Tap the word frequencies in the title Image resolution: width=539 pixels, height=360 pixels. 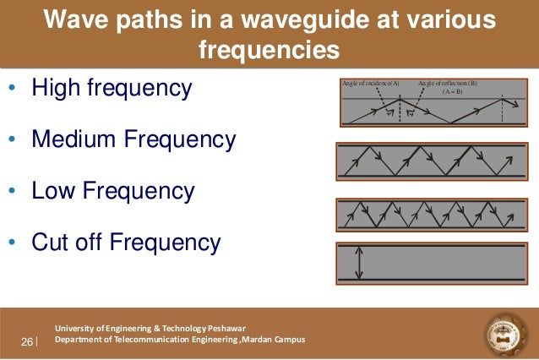pyautogui.click(x=269, y=50)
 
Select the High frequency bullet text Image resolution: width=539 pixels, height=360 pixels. pyautogui.click(x=112, y=88)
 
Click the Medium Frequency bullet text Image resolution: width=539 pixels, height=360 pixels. pyautogui.click(x=133, y=139)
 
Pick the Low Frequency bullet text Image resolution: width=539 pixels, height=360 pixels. pyautogui.click(x=112, y=191)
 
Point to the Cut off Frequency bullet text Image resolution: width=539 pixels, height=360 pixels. pyautogui.click(x=126, y=243)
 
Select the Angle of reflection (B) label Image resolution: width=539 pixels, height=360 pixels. pyautogui.click(x=447, y=84)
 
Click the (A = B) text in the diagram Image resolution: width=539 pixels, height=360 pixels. pyautogui.click(x=452, y=91)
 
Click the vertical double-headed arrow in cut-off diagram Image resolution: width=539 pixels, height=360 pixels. pyautogui.click(x=359, y=263)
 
